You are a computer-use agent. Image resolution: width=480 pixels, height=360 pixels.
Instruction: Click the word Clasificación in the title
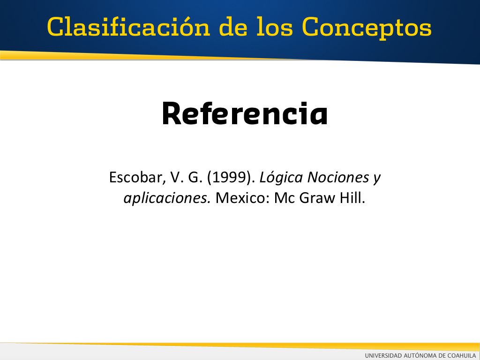[128, 27]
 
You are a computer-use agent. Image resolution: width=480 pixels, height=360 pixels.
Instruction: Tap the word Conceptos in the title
[367, 28]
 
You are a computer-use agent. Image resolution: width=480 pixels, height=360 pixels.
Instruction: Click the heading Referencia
[245, 113]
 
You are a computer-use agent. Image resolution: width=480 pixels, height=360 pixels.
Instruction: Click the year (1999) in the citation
[231, 178]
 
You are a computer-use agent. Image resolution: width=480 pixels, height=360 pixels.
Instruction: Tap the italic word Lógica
[281, 178]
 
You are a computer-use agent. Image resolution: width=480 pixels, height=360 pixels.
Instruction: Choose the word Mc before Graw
[285, 198]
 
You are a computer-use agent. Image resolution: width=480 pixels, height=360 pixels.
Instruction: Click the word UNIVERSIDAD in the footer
[383, 355]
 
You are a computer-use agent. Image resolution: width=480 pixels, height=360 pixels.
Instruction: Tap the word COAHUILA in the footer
[462, 355]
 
